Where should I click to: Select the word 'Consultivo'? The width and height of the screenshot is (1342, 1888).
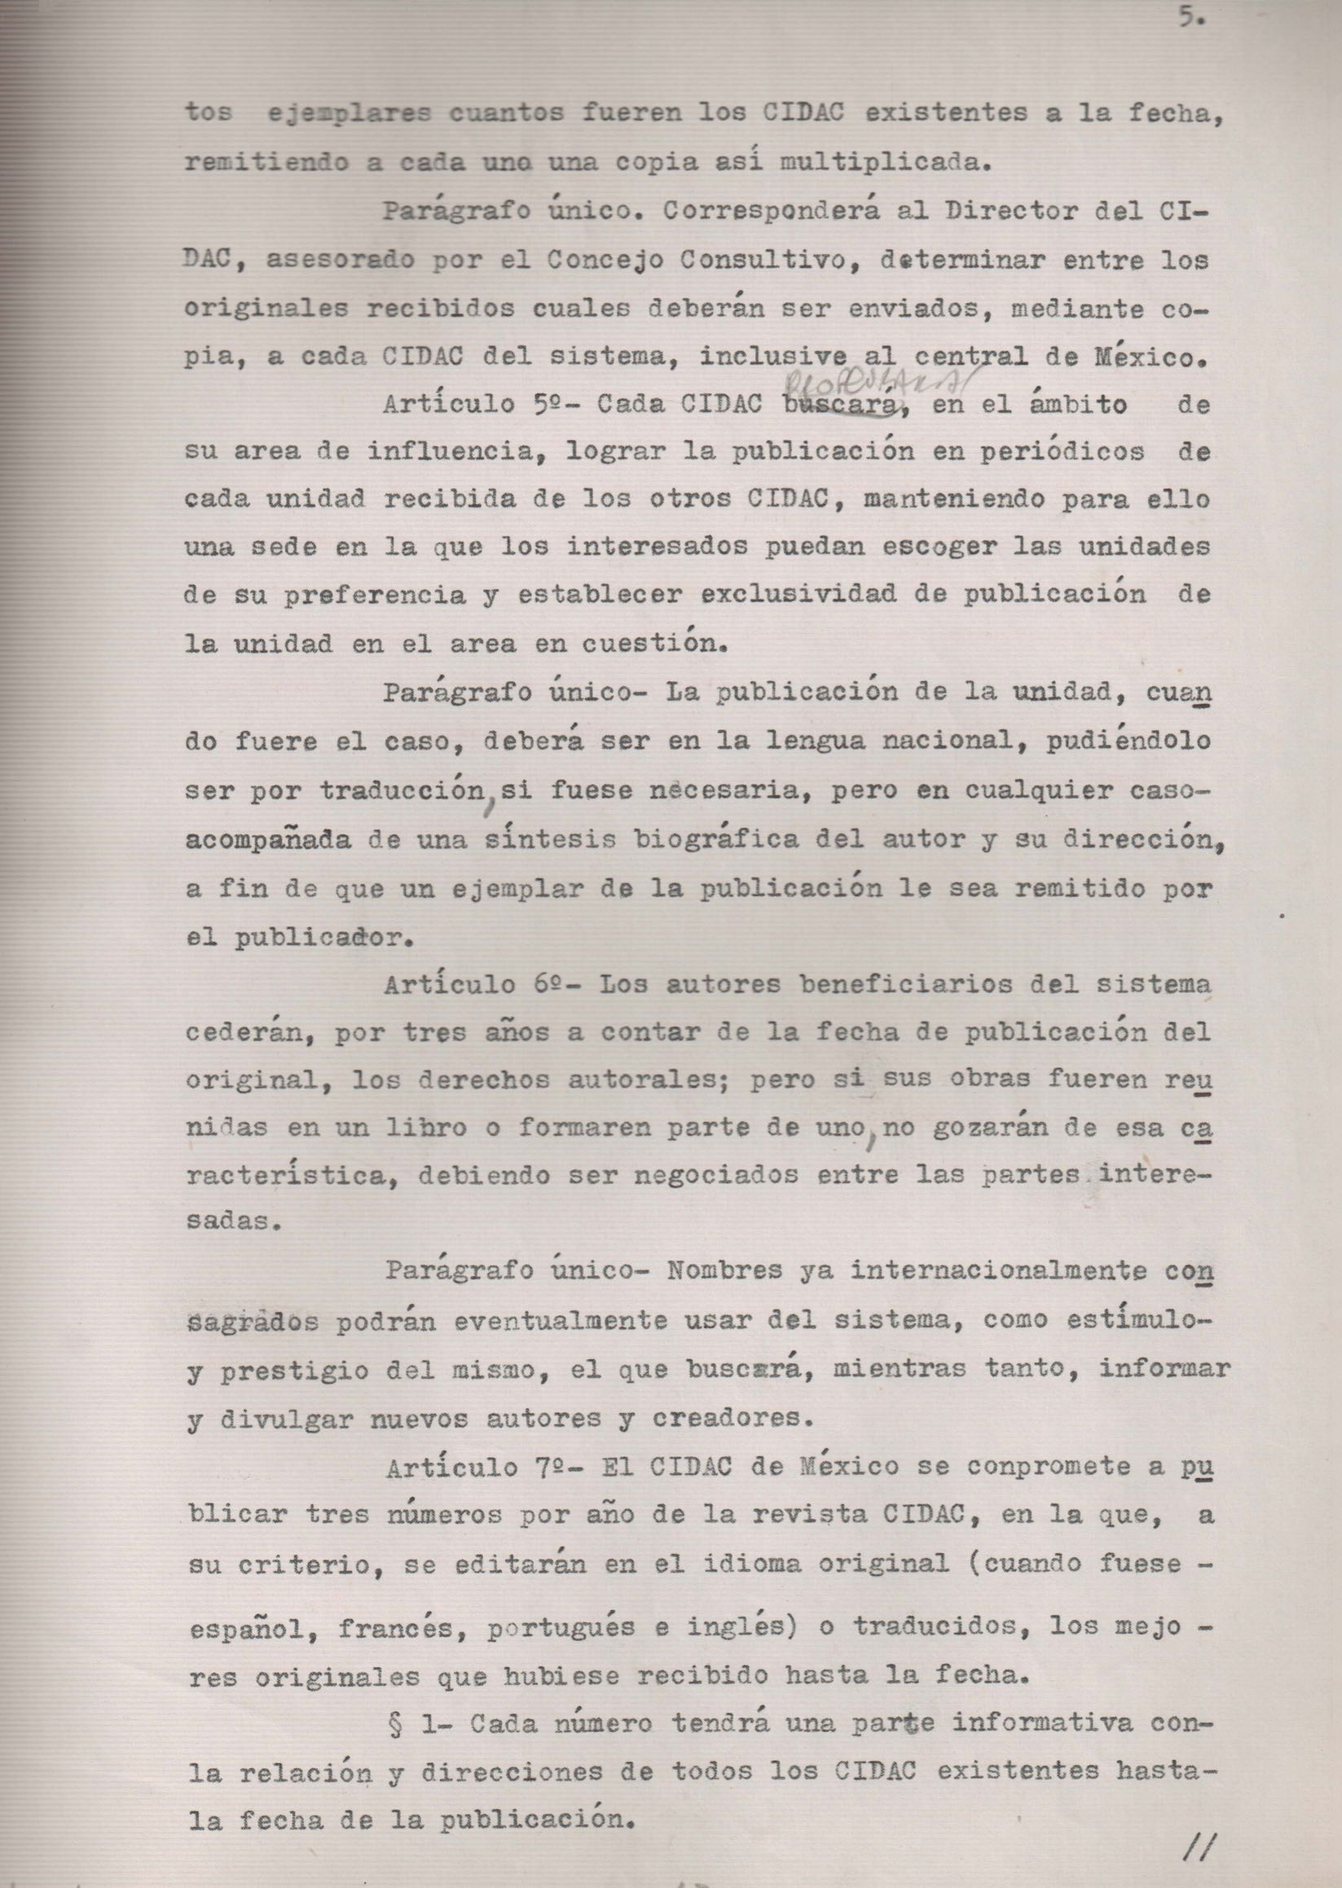778,260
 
